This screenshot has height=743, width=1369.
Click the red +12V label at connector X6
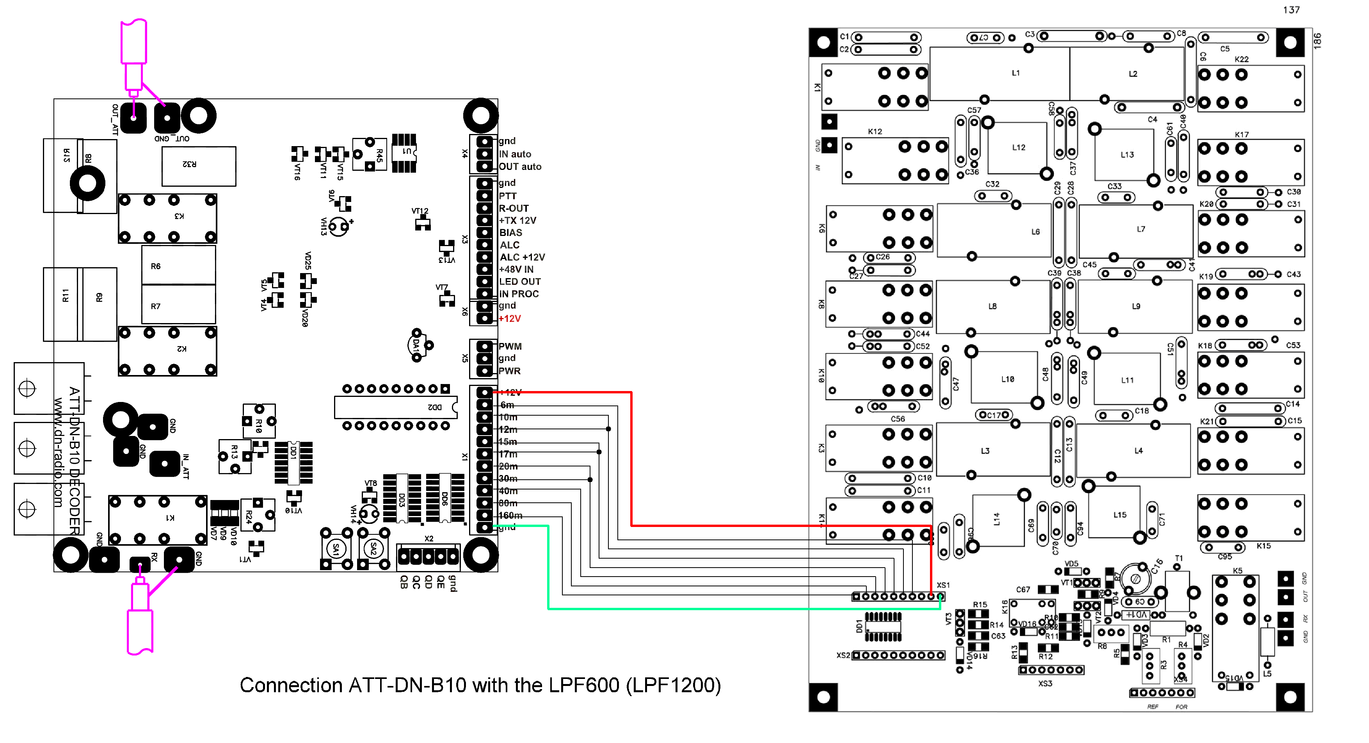coord(510,319)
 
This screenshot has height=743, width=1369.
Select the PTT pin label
coord(508,196)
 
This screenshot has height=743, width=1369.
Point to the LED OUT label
coord(520,281)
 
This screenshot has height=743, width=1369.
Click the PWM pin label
coord(510,346)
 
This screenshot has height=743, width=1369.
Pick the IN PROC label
coord(519,294)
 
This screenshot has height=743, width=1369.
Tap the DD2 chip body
coord(395,407)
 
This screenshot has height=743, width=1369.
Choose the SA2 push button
coord(373,548)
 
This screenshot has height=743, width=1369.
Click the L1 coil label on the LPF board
coord(1015,73)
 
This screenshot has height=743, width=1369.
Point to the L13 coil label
coord(1127,155)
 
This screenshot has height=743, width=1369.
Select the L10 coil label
coord(1008,379)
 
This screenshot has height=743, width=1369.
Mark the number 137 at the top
coord(1291,10)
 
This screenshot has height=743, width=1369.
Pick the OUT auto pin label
coord(520,166)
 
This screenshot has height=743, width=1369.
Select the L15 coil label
coord(1120,515)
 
